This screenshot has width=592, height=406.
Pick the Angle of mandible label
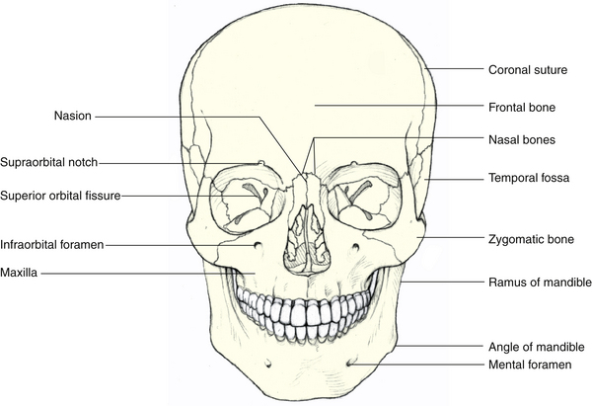[537, 347]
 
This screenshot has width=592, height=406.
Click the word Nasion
[72, 116]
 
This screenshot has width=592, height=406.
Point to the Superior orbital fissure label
[60, 196]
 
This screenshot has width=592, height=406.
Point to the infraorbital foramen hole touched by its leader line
[258, 245]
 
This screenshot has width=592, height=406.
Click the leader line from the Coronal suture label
[457, 70]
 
